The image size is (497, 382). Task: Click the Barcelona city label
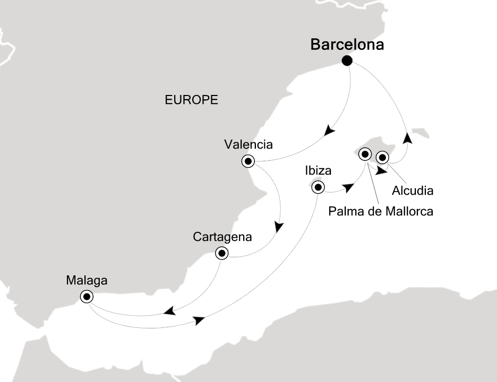tap(347, 45)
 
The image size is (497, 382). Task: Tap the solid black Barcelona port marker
tap(347, 60)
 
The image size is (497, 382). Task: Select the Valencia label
tap(248, 144)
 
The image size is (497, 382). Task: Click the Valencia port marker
tap(248, 161)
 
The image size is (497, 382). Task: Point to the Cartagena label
tap(222, 237)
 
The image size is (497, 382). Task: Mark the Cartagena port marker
tap(222, 253)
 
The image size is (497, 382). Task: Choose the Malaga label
tap(87, 281)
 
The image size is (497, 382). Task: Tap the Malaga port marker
tap(87, 297)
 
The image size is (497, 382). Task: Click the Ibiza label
tap(318, 171)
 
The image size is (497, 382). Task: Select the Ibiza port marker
tap(318, 187)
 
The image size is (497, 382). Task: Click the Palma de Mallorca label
tap(381, 212)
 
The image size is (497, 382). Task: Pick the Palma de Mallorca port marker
tap(365, 154)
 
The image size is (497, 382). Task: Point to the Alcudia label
tap(413, 190)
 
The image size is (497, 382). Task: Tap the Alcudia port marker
tap(382, 157)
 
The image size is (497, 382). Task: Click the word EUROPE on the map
tap(192, 100)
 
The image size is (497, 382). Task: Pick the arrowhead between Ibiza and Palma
tap(348, 188)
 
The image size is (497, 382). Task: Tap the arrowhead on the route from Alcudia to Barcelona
tap(407, 138)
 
